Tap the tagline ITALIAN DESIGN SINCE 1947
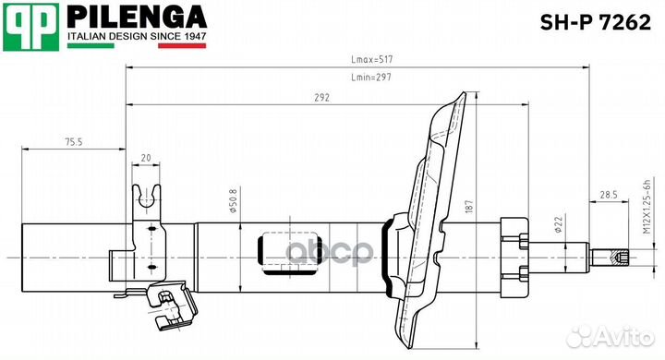click(137, 37)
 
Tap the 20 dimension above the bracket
click(147, 158)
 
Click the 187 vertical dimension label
click(468, 210)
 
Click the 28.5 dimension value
click(608, 195)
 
